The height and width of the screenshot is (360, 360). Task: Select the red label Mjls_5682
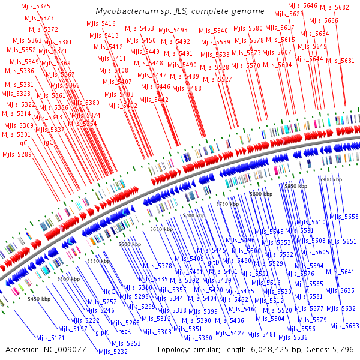334,7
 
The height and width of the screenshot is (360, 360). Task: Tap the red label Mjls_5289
17,154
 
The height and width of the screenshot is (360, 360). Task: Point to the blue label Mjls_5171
50,338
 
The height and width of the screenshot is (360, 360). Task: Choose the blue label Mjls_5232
113,352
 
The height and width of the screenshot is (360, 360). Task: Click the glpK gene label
101,332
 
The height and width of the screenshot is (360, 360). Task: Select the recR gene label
124,331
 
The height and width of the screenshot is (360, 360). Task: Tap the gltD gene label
214,263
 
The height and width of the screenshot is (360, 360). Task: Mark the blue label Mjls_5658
344,217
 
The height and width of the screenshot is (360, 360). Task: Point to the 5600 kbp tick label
131,244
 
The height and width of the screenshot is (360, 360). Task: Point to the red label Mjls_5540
212,31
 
